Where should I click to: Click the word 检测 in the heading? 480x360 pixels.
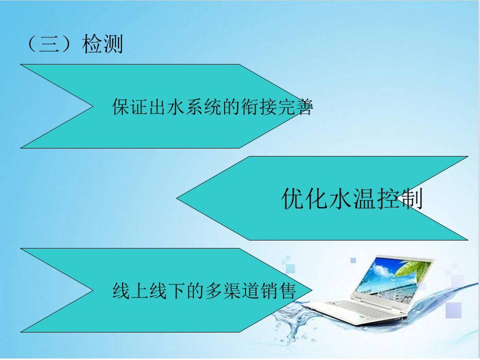tap(102, 44)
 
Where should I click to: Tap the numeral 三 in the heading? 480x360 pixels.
tap(49, 44)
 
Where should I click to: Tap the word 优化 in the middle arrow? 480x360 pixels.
tap(304, 198)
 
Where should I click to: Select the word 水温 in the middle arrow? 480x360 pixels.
tap(352, 198)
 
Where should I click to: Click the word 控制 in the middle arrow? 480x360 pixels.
tap(399, 198)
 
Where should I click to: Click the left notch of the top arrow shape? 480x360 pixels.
tap(93, 106)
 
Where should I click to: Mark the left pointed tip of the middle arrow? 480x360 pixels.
tap(176, 198)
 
